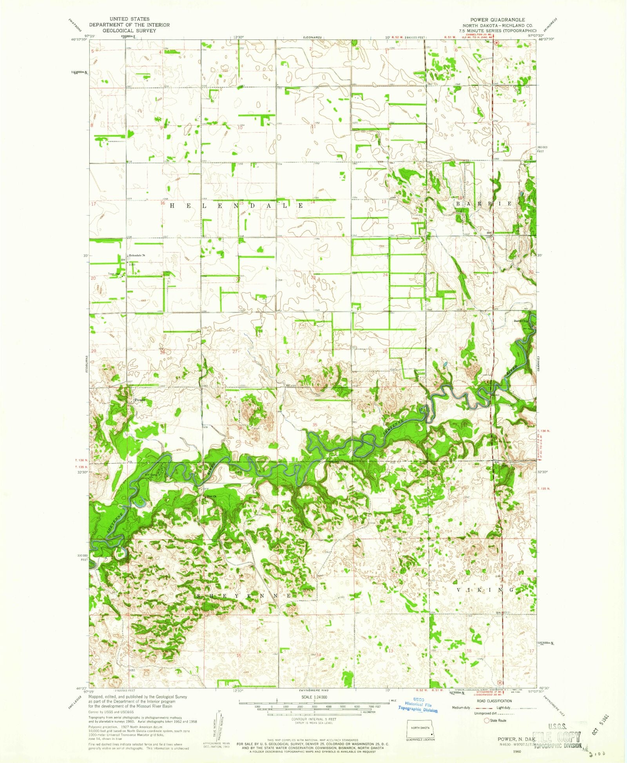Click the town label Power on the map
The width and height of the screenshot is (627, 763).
(x=140, y=400)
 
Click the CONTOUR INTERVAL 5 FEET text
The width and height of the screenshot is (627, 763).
(x=313, y=719)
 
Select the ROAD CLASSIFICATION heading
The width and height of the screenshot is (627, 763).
(x=494, y=701)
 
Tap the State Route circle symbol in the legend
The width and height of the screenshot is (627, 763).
(x=487, y=720)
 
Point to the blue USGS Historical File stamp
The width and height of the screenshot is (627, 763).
(x=418, y=705)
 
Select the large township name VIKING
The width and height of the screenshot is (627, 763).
(x=485, y=590)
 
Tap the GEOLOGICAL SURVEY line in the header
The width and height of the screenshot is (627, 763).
(x=129, y=30)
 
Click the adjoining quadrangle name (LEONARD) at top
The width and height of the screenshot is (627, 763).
(x=312, y=37)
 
